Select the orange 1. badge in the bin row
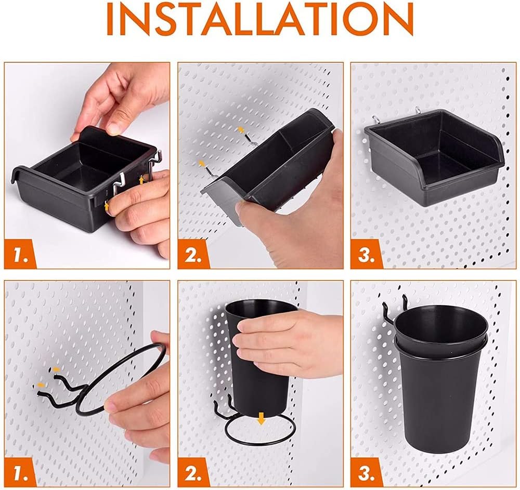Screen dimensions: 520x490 (x=20, y=255)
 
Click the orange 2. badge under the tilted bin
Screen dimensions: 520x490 (x=193, y=255)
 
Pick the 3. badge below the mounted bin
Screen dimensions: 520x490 (x=367, y=255)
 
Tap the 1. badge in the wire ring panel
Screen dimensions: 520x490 (x=20, y=472)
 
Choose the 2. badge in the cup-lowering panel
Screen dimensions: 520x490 (x=193, y=472)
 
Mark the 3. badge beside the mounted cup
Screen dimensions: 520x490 (x=367, y=472)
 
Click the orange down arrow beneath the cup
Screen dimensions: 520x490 (x=262, y=418)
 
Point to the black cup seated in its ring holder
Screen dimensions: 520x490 (x=441, y=378)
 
